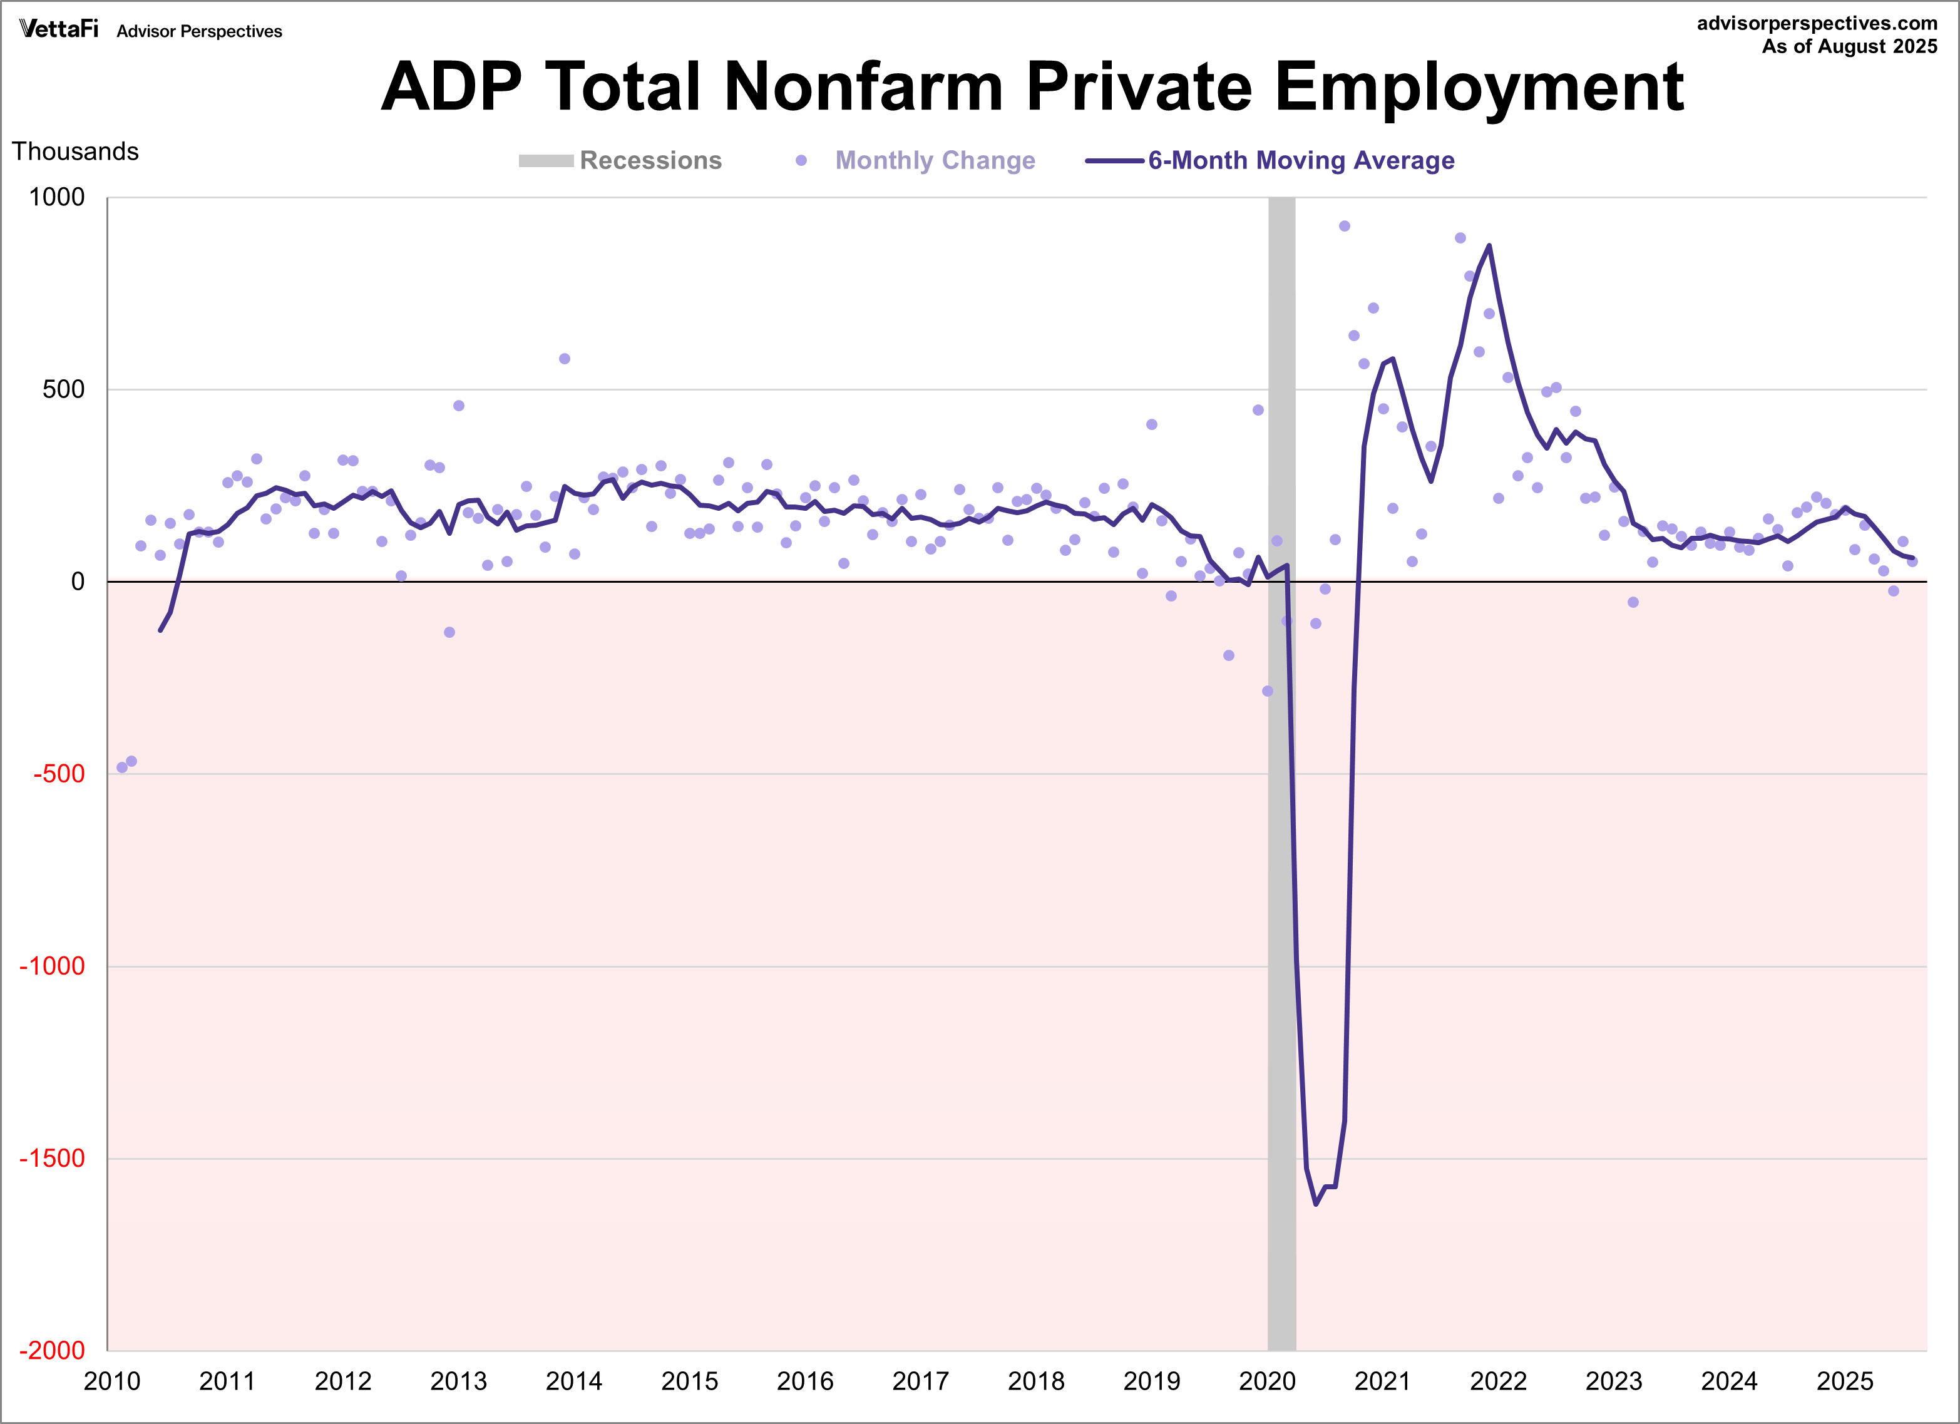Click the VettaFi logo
coord(59,29)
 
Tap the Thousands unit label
coord(75,151)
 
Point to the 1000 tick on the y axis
coord(57,197)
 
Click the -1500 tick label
coord(52,1159)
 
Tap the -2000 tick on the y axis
coord(52,1351)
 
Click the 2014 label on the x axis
coord(574,1381)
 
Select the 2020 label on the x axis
coord(1267,1381)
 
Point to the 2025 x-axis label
coord(1844,1381)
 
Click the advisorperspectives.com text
coord(1817,23)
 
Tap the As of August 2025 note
coord(1849,47)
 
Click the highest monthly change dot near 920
coord(1344,227)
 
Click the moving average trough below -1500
coord(1315,1204)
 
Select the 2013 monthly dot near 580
coord(564,359)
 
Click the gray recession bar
coord(1281,777)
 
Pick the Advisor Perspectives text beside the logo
coord(199,32)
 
